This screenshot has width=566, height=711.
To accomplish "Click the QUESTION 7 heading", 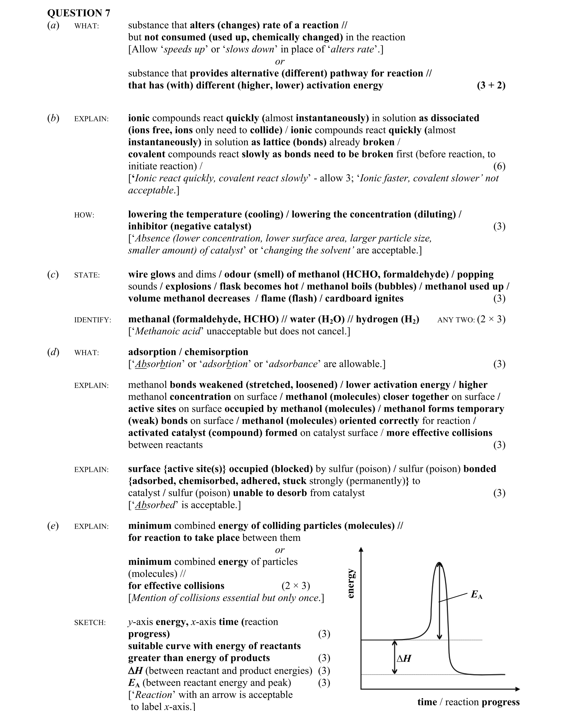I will (78, 13).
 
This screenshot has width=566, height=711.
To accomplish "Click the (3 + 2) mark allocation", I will (491, 86).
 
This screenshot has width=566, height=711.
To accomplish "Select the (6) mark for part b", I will (499, 166).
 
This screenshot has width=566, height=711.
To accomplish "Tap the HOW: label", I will (84, 215).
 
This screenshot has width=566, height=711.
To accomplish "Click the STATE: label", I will (87, 275).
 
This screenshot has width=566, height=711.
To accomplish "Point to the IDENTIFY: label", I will (92, 320).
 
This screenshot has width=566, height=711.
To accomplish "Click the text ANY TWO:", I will (456, 320).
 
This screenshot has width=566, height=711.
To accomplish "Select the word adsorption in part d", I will (152, 352).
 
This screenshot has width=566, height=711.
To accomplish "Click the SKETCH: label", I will (90, 623).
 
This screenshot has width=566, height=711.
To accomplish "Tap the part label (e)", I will (53, 526).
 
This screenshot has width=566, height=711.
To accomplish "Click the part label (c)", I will (53, 274).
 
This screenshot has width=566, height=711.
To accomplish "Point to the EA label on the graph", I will (476, 595).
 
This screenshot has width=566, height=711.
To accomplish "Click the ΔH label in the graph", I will (403, 658).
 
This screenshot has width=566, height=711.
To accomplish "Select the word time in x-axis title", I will (427, 702).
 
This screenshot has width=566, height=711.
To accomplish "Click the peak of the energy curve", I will (439, 563).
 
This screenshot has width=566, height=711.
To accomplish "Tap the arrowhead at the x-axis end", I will (517, 689).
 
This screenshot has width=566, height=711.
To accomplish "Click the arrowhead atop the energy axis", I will (361, 549).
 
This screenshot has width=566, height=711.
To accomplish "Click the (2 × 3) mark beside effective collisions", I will (295, 586).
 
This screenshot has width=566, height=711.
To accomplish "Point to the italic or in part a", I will (280, 61).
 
